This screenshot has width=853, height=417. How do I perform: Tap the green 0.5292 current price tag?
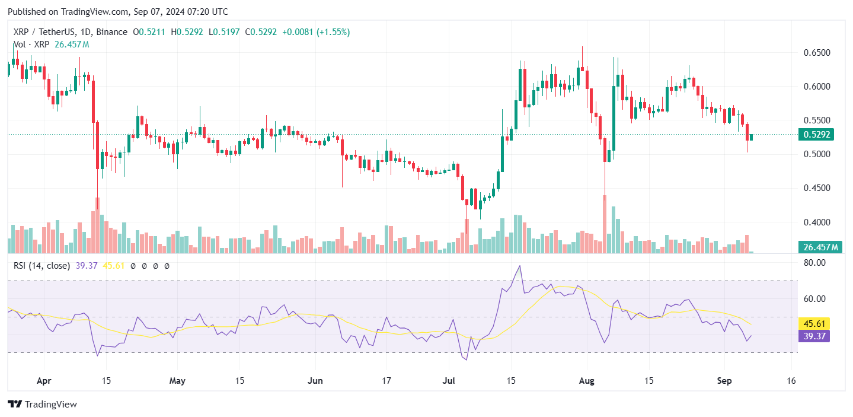click(816, 135)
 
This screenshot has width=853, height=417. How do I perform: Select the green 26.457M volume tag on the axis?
click(820, 247)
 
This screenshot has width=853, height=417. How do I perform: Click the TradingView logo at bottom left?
click(42, 405)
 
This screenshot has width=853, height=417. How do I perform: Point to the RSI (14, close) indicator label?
click(41, 266)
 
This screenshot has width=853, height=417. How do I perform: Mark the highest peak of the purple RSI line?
click(520, 266)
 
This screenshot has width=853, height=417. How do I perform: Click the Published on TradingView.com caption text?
click(117, 12)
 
